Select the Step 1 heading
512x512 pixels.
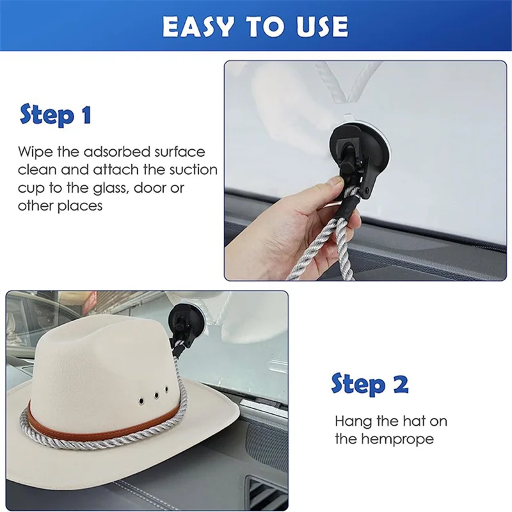click(x=56, y=115)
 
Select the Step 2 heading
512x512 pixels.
click(x=369, y=384)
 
